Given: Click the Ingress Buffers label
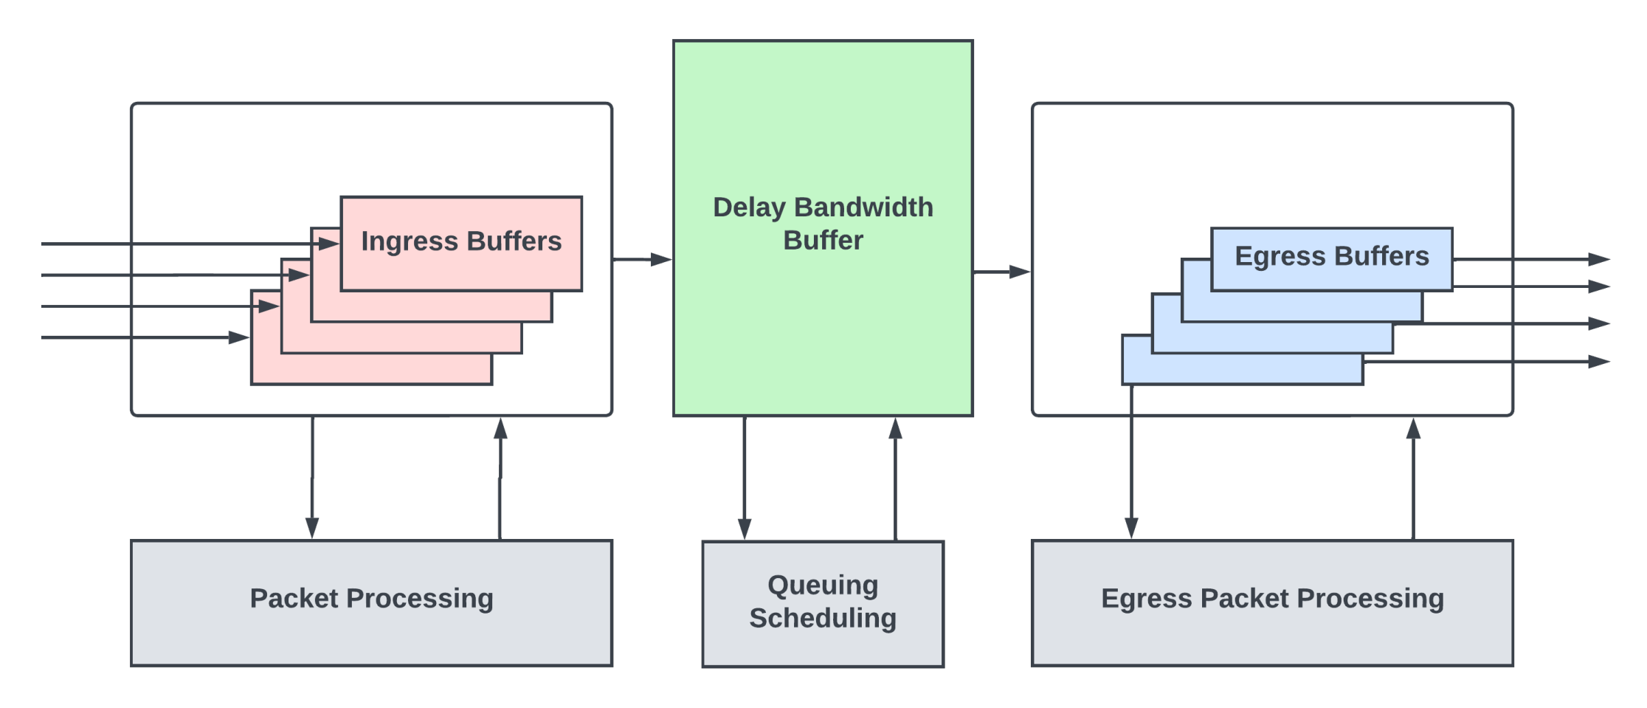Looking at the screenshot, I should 461,241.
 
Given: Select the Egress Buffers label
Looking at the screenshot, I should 1331,256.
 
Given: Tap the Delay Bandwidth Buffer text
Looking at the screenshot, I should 823,223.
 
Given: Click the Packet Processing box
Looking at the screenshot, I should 371,602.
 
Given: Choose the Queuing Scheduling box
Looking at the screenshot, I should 823,603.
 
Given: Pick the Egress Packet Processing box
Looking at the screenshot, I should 1272,602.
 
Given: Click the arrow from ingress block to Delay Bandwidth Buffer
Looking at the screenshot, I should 642,259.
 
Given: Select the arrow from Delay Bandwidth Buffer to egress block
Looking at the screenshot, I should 1001,272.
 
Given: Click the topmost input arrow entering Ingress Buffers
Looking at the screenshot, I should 184,243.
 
